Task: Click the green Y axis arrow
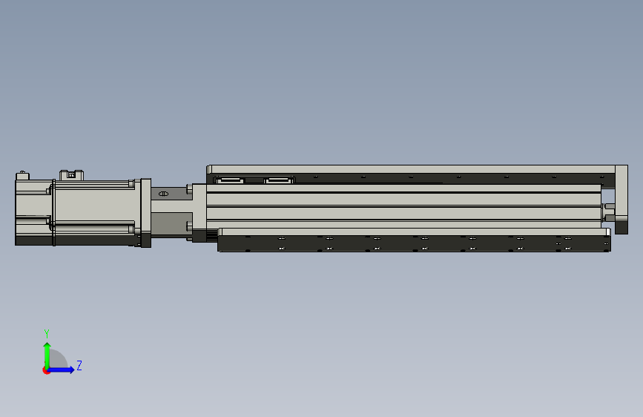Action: (x=47, y=355)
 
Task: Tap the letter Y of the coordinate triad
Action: (x=47, y=333)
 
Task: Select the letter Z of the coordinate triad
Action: (x=79, y=365)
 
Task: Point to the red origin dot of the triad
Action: (x=46, y=370)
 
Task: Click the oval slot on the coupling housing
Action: (x=163, y=194)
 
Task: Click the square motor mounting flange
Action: (x=145, y=213)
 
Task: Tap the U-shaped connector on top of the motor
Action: (x=71, y=175)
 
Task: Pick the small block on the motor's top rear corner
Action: (x=22, y=176)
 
